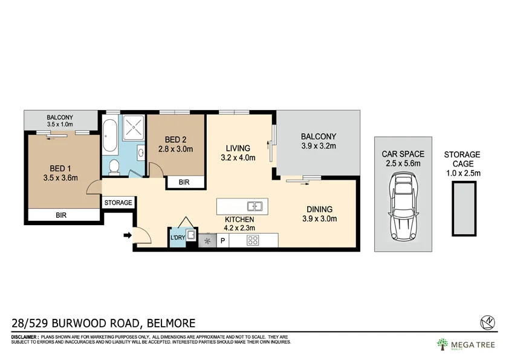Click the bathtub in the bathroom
[x=109, y=137]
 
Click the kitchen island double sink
[x=253, y=206]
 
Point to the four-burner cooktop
[x=253, y=241]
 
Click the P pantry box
[x=222, y=241]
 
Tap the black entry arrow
[x=128, y=235]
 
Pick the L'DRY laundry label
[x=177, y=238]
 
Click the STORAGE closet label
[x=118, y=203]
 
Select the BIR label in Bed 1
[x=61, y=215]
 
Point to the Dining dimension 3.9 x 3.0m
[x=319, y=219]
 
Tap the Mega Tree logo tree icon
[x=443, y=344]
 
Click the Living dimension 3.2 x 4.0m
[x=238, y=158]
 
